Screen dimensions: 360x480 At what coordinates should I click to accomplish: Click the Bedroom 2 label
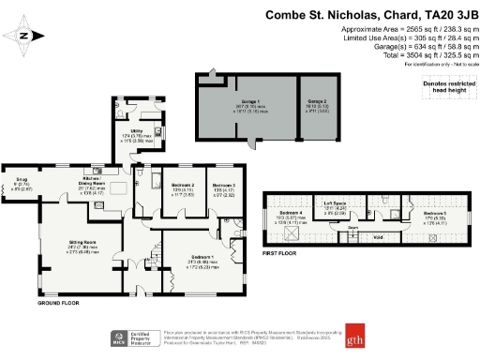pos(175,186)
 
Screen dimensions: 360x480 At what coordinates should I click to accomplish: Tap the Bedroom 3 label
pos(223,186)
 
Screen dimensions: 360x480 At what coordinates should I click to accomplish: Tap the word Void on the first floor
pos(352,236)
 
